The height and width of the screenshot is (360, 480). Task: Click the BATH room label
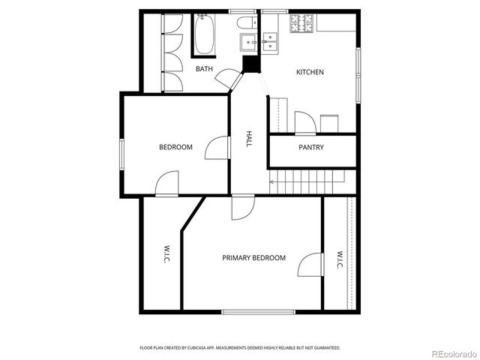pyautogui.click(x=205, y=69)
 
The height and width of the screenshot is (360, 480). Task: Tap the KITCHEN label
pyautogui.click(x=310, y=72)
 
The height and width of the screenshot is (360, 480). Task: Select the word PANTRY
pyautogui.click(x=311, y=148)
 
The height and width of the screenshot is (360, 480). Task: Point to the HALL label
pyautogui.click(x=249, y=139)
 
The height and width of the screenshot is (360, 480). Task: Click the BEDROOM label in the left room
pyautogui.click(x=175, y=147)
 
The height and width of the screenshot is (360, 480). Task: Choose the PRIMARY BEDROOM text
pyautogui.click(x=253, y=258)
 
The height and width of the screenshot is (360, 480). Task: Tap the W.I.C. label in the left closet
pyautogui.click(x=166, y=254)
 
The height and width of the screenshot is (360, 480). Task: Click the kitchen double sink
pyautogui.click(x=270, y=40)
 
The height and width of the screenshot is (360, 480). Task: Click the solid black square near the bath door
pyautogui.click(x=250, y=64)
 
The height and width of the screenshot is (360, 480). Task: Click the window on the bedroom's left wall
pyautogui.click(x=120, y=154)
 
